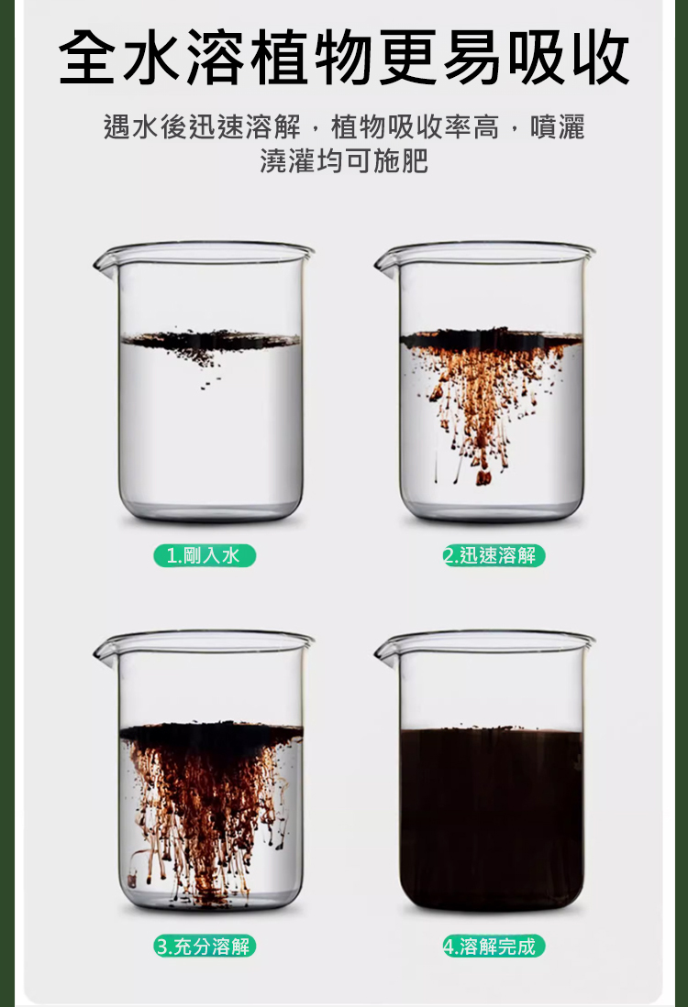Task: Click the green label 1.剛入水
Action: [x=205, y=555]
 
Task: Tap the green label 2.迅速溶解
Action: [x=494, y=555]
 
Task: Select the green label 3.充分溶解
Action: [x=205, y=946]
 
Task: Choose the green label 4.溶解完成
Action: [x=494, y=946]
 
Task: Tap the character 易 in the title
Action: [x=472, y=57]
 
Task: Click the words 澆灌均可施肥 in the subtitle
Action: [x=344, y=160]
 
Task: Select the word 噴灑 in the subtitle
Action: [x=558, y=126]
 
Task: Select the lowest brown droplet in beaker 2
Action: [x=483, y=477]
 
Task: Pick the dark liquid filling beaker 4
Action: [x=492, y=819]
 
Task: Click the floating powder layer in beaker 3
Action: [x=211, y=732]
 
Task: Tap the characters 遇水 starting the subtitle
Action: [x=131, y=126]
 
